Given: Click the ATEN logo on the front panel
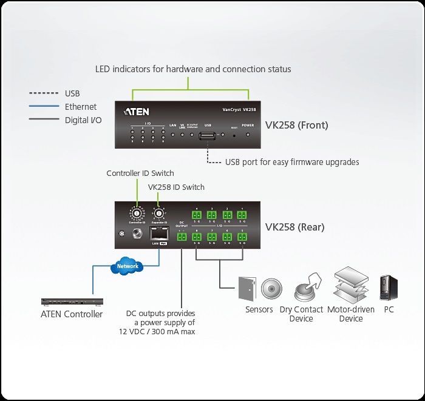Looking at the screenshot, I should [137, 112].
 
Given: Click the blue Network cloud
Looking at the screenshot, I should [127, 266].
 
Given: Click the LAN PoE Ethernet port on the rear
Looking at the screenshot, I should [158, 234].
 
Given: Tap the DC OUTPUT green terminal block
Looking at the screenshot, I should [182, 237].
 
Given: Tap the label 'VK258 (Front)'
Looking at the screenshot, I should [296, 126].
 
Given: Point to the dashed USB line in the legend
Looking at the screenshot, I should [44, 93].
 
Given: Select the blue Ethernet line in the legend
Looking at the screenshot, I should [44, 107].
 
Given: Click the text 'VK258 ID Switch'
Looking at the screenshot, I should [176, 187].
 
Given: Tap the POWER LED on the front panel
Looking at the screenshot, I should [248, 133].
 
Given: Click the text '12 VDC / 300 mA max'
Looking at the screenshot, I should [157, 332].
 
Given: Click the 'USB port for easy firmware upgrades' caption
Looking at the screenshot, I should [292, 162].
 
